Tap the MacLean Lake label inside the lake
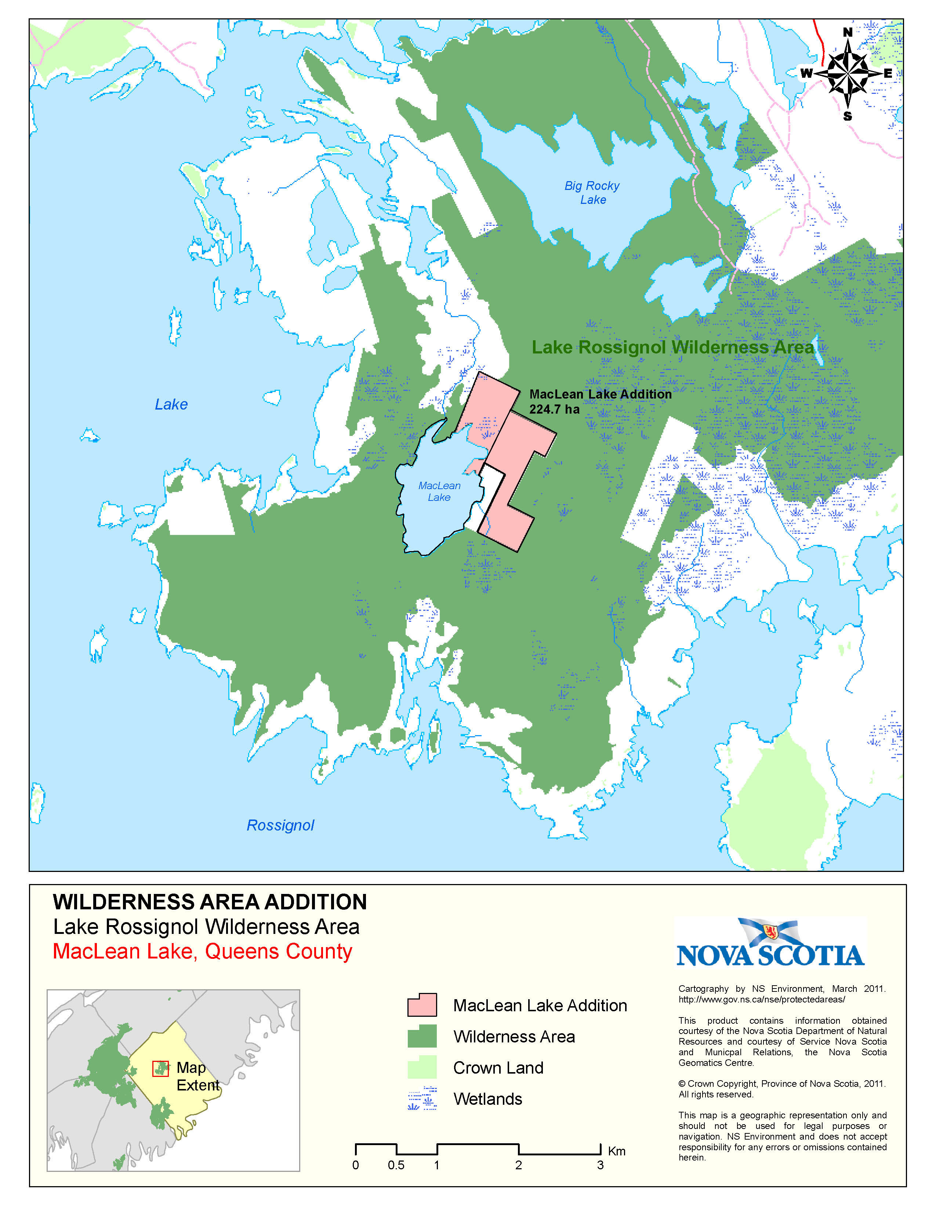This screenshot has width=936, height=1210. pyautogui.click(x=439, y=491)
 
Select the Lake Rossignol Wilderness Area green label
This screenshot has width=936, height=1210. pyautogui.click(x=672, y=347)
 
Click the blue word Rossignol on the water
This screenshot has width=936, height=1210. pyautogui.click(x=280, y=825)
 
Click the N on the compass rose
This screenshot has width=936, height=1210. pyautogui.click(x=847, y=33)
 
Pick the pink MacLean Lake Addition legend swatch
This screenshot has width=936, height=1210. pyautogui.click(x=422, y=1005)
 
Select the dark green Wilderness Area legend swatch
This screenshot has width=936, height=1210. pyautogui.click(x=422, y=1036)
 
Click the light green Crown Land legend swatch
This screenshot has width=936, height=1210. pyautogui.click(x=422, y=1067)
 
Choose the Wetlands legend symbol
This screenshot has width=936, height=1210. pyautogui.click(x=422, y=1099)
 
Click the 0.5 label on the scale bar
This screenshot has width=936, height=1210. pyautogui.click(x=396, y=1165)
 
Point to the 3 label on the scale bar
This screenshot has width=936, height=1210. pyautogui.click(x=600, y=1165)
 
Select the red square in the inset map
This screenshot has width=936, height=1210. pyautogui.click(x=160, y=1069)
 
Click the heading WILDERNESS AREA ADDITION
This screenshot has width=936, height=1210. pyautogui.click(x=210, y=902)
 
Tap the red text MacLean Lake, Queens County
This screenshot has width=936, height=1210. pyautogui.click(x=202, y=951)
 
